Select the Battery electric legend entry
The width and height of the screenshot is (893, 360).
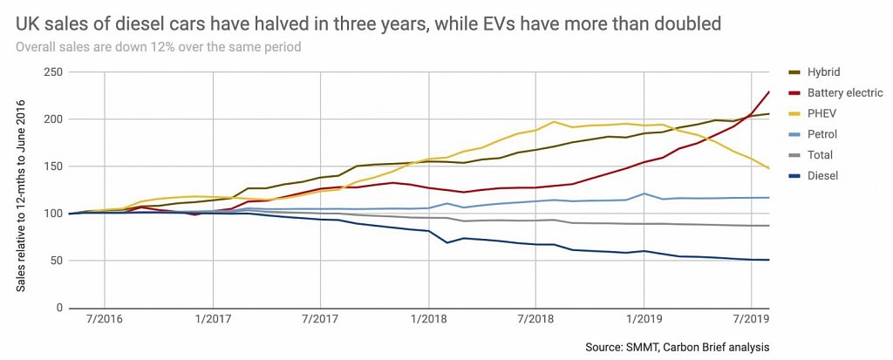[844, 92]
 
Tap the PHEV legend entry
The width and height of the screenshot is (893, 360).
[821, 113]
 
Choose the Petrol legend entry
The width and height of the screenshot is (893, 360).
[822, 134]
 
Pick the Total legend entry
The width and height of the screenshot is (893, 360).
[820, 155]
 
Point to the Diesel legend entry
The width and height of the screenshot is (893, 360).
[821, 176]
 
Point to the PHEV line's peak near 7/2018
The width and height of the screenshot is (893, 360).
[554, 122]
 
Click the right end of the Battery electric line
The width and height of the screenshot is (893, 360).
[768, 92]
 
